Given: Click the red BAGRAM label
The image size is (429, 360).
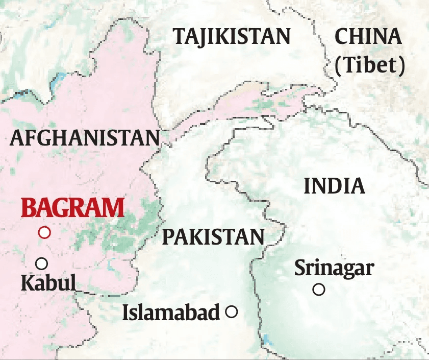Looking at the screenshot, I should click(73, 208).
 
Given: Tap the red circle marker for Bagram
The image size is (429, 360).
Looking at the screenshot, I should click(45, 232).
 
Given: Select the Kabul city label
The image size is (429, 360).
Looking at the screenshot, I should click(48, 282).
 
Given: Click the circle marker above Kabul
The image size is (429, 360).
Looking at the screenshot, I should click(41, 263).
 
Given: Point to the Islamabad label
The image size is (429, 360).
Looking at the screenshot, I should click(171, 313).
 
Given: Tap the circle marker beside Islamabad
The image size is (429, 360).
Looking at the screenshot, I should click(232, 311).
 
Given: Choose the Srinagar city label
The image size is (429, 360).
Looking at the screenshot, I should click(334, 268).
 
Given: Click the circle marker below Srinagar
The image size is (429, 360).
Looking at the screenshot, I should click(319, 290).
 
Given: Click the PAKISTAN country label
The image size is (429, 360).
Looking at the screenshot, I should click(213, 237).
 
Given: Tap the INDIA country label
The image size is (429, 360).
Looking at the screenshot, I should click(334, 186).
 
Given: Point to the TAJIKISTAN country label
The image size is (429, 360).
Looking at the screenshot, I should click(232, 37).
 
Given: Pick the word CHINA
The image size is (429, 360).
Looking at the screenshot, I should click(368, 37).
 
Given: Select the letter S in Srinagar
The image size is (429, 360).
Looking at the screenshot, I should click(300, 268).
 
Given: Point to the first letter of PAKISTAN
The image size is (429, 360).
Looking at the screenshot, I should click(168, 237).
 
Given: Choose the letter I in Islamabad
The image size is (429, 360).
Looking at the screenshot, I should click(126, 313).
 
